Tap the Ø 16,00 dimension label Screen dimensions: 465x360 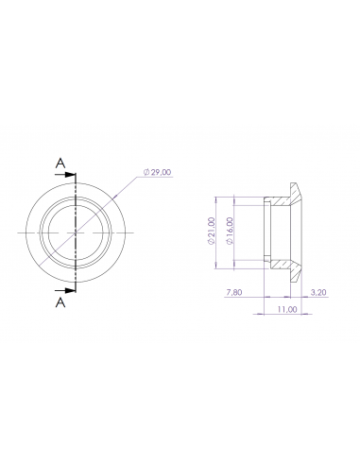click(231, 230)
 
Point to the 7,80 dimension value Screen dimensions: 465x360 click(235, 293)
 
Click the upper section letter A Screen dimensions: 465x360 click(60, 164)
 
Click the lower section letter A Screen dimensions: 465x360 click(60, 301)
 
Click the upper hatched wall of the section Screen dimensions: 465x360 click(280, 200)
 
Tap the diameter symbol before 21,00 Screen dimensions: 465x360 click(212, 243)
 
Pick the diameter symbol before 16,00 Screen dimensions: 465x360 click(231, 244)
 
